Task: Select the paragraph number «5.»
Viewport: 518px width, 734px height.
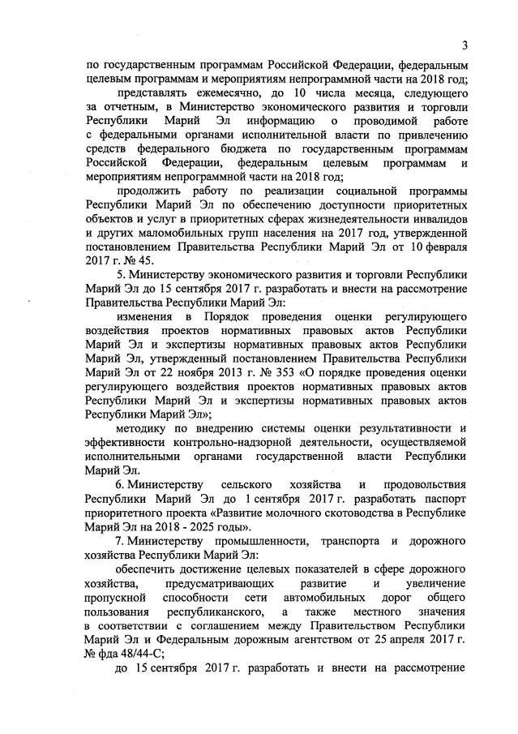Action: pyautogui.click(x=121, y=276)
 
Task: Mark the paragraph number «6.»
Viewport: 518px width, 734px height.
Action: pyautogui.click(x=121, y=485)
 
